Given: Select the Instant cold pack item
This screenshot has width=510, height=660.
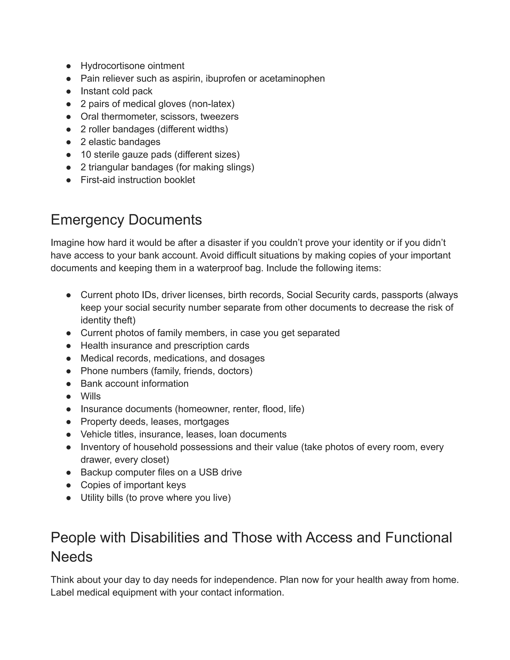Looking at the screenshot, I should tap(116, 91).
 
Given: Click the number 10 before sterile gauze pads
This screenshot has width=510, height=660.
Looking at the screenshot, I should tap(86, 155).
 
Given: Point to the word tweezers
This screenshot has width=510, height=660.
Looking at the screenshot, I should tap(219, 117).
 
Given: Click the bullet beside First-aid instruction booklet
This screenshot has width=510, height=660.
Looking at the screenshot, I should tap(68, 180).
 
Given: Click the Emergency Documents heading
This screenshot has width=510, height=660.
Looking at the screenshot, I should tap(126, 220).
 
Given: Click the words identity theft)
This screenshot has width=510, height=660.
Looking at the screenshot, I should tap(108, 320).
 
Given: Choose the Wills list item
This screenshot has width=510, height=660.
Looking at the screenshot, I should tap(90, 396).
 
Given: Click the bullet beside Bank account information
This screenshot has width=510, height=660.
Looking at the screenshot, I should tap(68, 384).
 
